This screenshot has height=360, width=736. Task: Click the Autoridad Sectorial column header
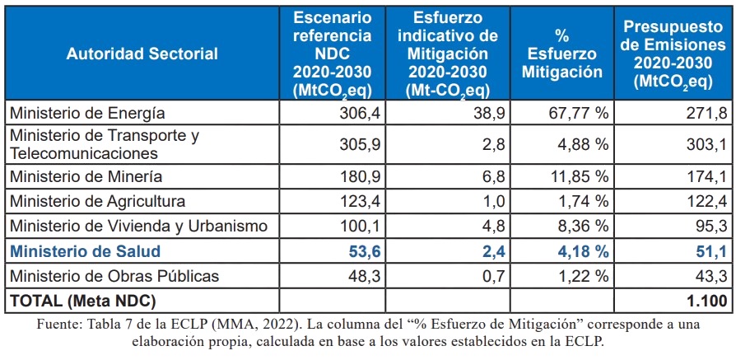pyautogui.click(x=142, y=54)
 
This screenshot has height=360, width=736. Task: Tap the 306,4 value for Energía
pyautogui.click(x=359, y=113)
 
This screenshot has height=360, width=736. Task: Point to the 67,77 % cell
pyautogui.click(x=580, y=113)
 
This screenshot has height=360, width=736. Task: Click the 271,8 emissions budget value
pyautogui.click(x=706, y=113)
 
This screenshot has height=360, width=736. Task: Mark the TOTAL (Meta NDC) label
pyautogui.click(x=82, y=301)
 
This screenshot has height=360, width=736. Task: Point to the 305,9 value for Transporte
pyautogui.click(x=359, y=144)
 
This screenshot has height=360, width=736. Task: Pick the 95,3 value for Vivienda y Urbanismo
pyautogui.click(x=710, y=226)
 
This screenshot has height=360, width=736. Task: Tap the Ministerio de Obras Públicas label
pyautogui.click(x=114, y=276)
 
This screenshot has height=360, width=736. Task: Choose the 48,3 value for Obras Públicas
pyautogui.click(x=363, y=276)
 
